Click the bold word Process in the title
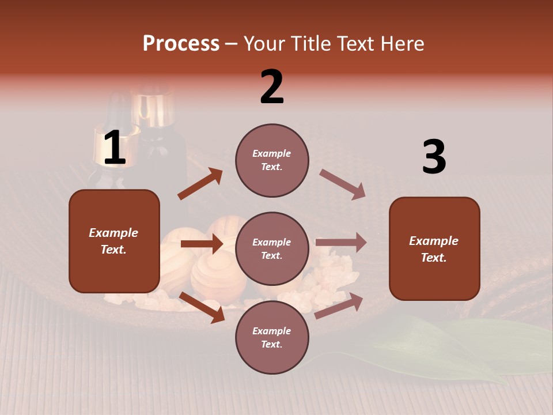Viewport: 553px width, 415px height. coord(181,44)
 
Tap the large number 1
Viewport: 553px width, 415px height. coord(115,148)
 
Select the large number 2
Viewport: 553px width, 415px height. coord(272,87)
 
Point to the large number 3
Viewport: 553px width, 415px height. coord(434,157)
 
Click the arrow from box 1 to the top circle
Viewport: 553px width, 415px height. coord(200,184)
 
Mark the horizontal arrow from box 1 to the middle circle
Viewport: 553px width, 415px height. coord(202,244)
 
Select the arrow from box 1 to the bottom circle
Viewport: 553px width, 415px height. coord(202,307)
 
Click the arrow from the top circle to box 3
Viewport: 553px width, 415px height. coord(342,184)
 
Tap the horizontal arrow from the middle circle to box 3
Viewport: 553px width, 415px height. coord(340,243)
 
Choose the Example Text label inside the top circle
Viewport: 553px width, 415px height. coord(272,160)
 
